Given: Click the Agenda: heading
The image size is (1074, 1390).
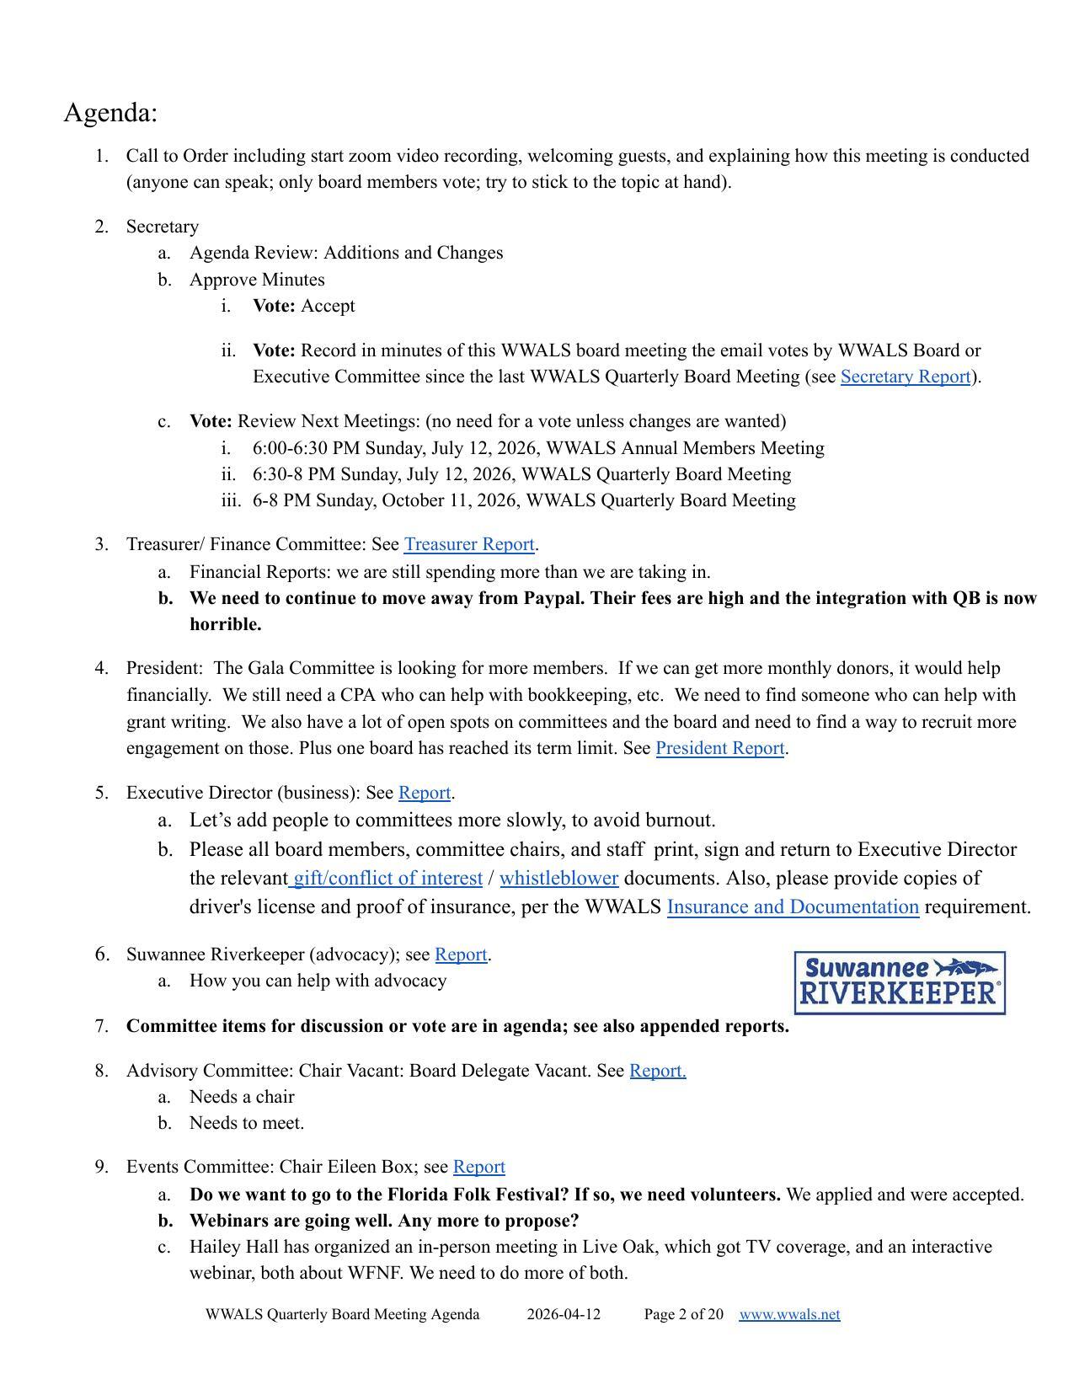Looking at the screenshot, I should [110, 113].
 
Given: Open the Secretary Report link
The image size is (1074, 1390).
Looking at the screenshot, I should [905, 377].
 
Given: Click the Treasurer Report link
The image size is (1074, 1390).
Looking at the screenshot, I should [469, 545].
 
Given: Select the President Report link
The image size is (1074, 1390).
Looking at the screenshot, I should [719, 748].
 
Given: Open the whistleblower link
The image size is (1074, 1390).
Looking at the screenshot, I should [558, 879].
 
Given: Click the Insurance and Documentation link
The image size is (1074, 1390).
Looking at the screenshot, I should [793, 907].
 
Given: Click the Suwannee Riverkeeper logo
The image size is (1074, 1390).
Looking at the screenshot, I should [900, 983].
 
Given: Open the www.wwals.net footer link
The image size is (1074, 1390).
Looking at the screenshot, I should [789, 1314].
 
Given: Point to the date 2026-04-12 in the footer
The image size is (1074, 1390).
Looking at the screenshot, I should [564, 1314].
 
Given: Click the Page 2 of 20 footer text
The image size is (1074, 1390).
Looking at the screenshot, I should [683, 1314].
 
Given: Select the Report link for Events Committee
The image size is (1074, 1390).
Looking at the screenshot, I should [478, 1167].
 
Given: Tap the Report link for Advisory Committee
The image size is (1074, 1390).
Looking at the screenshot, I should [657, 1071].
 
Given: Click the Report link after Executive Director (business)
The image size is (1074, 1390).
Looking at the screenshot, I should [425, 793].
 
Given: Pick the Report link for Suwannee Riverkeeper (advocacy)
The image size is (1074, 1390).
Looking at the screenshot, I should [461, 954].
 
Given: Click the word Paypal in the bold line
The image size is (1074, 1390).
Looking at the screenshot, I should [553, 598].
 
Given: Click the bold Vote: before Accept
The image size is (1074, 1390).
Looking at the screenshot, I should [274, 306].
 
